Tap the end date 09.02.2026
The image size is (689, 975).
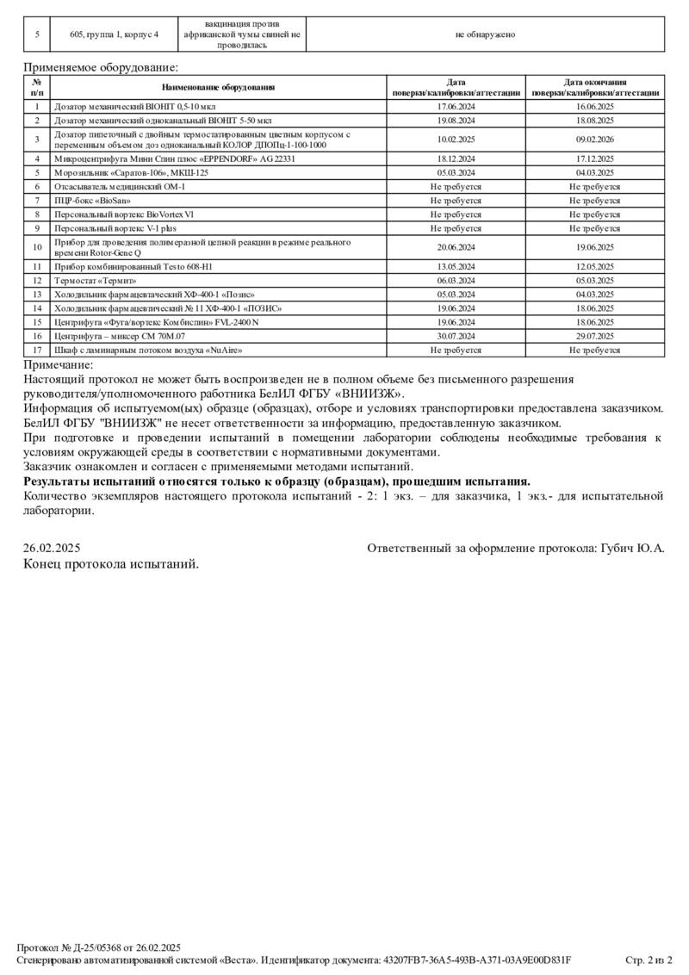tap(594, 140)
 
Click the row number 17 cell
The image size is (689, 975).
tap(37, 350)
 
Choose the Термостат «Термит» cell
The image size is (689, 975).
tap(96, 280)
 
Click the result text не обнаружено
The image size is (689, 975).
tap(485, 34)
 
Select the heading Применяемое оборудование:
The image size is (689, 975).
tap(101, 66)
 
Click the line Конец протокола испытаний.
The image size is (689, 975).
tap(111, 564)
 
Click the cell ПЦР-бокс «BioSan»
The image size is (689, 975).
tap(88, 200)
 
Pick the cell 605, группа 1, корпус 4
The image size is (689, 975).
tap(115, 34)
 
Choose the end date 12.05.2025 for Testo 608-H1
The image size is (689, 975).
tap(594, 266)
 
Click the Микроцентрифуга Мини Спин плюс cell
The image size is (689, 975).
tap(175, 158)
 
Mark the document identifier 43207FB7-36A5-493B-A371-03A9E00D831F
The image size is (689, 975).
tap(477, 959)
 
